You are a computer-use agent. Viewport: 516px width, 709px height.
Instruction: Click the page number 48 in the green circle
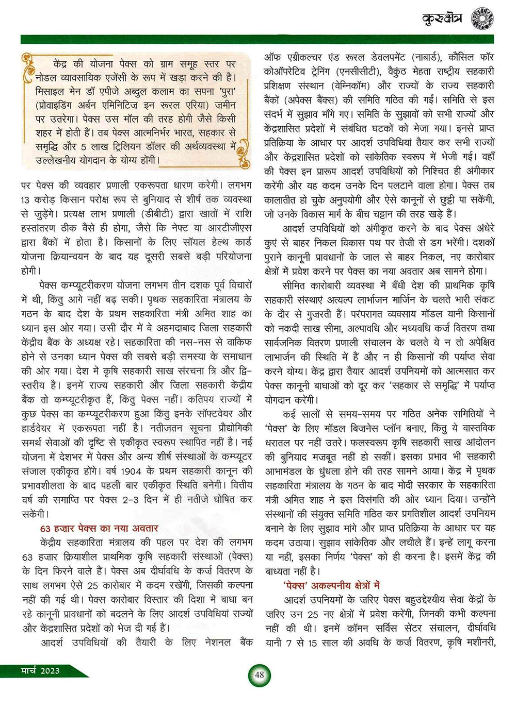click(259, 675)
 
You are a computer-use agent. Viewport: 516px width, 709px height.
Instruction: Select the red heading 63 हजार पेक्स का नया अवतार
click(99, 528)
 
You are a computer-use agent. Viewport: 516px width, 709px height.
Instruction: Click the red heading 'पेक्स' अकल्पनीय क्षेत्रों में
click(331, 585)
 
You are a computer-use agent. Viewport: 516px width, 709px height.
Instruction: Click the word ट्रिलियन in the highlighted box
click(135, 147)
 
